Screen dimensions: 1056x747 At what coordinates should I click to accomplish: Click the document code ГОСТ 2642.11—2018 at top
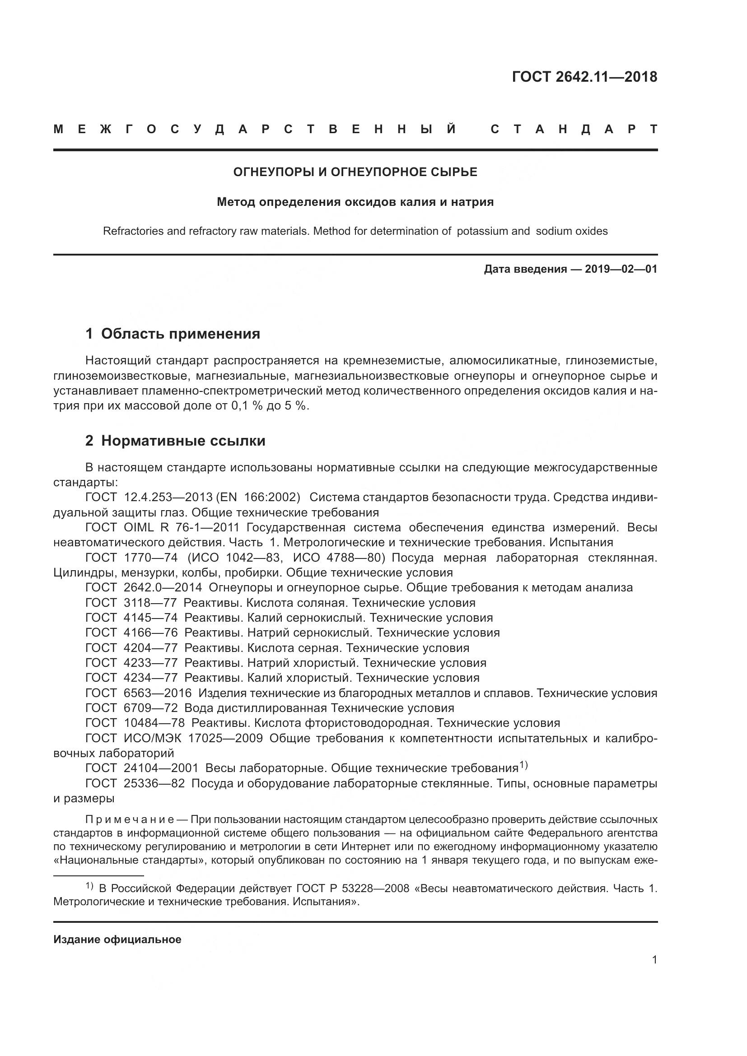click(584, 77)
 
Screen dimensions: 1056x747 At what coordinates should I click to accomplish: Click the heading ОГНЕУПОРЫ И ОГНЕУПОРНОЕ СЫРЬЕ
click(355, 172)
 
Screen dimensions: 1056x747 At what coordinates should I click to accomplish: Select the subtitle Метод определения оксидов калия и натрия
click(355, 202)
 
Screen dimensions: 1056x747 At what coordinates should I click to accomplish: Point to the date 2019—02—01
click(621, 269)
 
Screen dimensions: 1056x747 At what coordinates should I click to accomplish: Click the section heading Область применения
click(180, 334)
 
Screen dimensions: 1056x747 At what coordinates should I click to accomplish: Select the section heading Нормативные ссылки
click(183, 441)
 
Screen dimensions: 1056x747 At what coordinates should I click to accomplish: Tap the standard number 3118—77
click(150, 603)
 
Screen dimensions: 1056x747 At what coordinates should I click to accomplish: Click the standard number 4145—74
click(150, 618)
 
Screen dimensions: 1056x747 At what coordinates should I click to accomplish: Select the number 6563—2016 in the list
click(157, 693)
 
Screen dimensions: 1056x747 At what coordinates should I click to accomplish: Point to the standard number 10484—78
click(154, 723)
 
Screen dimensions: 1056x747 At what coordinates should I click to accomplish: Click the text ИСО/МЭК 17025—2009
click(193, 738)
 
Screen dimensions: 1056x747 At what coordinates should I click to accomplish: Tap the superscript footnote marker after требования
click(523, 765)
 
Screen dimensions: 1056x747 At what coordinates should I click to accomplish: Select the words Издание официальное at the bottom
click(117, 940)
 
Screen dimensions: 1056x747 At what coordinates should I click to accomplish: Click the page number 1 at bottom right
click(654, 960)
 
